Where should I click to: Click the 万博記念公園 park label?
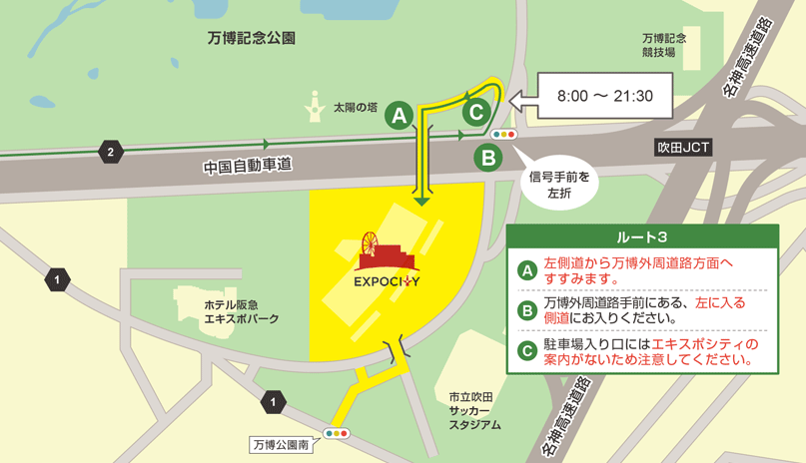[252, 39]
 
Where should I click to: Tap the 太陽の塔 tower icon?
[316, 105]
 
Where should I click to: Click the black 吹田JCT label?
[683, 147]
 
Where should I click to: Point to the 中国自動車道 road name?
[247, 165]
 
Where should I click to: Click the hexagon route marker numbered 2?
[109, 153]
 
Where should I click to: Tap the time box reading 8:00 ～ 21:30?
[604, 97]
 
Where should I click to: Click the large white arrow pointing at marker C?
[521, 98]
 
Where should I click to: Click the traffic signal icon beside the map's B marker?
[502, 134]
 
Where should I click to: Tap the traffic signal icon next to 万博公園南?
[336, 434]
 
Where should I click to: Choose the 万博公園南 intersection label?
[281, 445]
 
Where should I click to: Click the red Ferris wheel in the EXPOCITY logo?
[371, 244]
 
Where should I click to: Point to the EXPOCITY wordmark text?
[387, 280]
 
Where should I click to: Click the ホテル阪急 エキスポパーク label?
[240, 311]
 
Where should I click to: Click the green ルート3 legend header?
[642, 236]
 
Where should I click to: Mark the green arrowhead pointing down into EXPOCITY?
[422, 202]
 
